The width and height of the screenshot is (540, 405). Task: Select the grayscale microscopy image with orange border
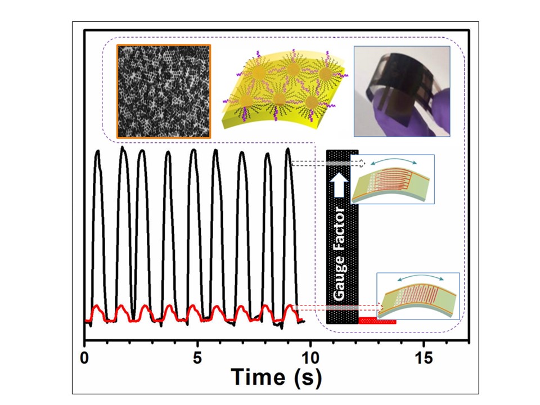click(163, 92)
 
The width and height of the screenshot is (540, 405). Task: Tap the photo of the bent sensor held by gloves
click(402, 91)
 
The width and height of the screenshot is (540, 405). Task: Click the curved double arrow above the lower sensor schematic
click(418, 278)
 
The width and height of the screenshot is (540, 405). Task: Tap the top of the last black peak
click(288, 149)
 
